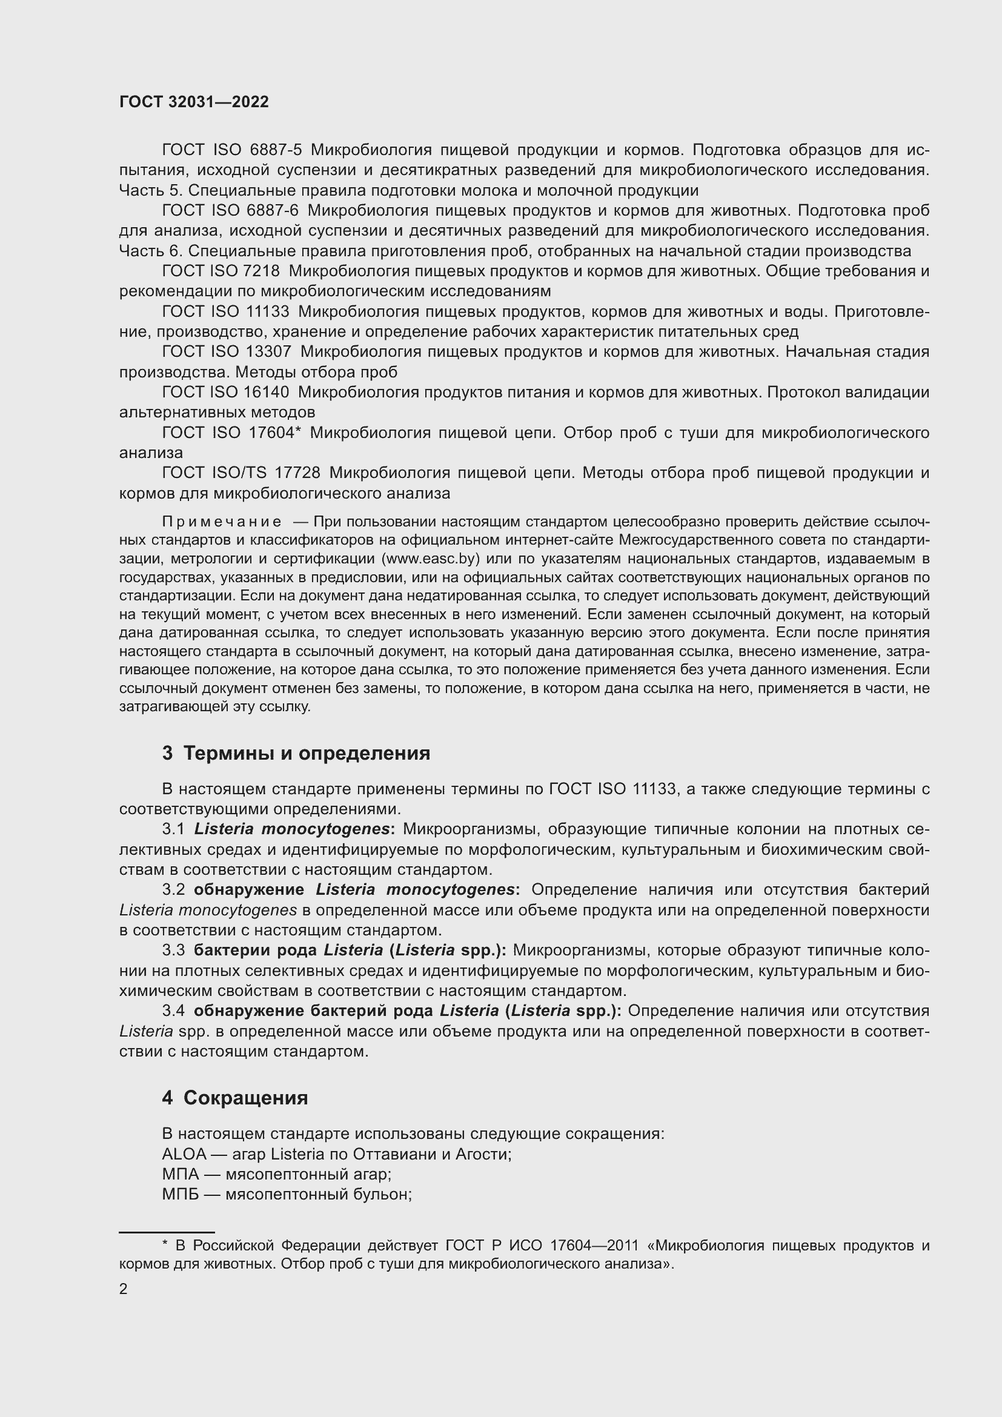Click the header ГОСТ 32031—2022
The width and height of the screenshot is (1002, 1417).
pos(194,102)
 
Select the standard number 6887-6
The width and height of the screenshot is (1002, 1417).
pos(272,210)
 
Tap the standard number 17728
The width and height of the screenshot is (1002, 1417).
pos(297,473)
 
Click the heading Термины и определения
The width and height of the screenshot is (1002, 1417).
pos(307,754)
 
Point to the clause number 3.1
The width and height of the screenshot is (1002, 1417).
pos(173,829)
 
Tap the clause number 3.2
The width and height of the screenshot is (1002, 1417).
pos(173,889)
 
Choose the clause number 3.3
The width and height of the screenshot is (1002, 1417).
pos(173,951)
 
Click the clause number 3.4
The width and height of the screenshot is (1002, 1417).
pos(173,1011)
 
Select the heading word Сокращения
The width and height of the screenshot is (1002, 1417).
pos(245,1098)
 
